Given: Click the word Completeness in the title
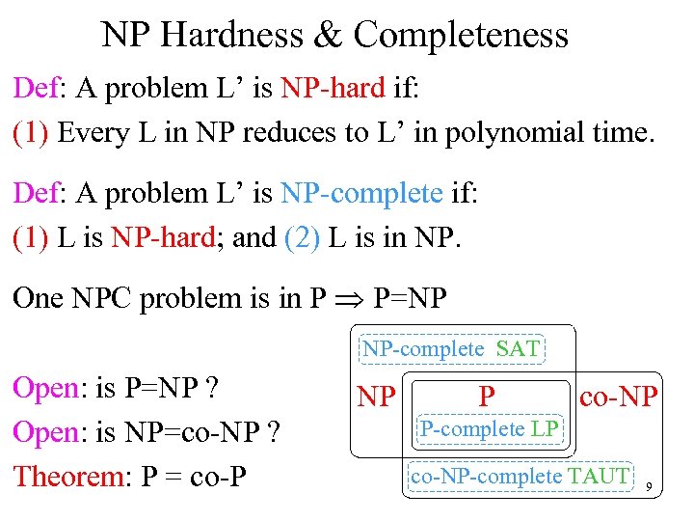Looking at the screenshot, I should [x=461, y=36].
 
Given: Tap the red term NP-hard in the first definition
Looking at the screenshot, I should [x=334, y=89].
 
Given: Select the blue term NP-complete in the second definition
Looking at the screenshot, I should [x=361, y=193].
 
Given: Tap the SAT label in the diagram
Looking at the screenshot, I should [x=518, y=349].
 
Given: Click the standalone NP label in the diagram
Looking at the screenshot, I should [x=376, y=397].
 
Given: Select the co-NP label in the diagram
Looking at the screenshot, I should [x=618, y=395].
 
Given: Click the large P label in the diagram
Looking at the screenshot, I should [x=488, y=396].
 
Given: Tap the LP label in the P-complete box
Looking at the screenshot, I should [x=545, y=428].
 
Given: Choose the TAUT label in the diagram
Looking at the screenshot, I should [x=599, y=476].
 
